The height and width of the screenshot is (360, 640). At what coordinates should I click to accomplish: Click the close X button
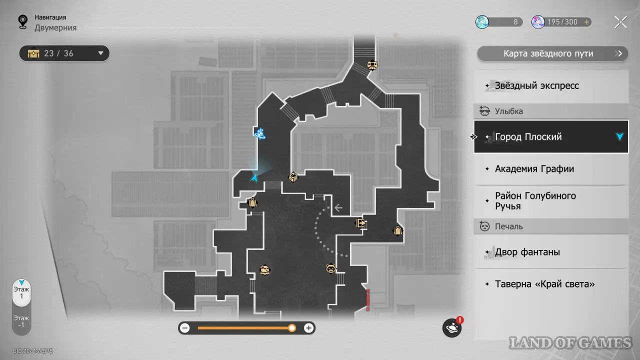pos(620,22)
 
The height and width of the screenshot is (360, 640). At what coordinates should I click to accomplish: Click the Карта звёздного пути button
pos(552,53)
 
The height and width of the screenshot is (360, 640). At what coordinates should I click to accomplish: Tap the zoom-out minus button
pos(185,328)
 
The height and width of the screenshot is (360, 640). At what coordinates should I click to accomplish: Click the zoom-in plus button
pos(309,328)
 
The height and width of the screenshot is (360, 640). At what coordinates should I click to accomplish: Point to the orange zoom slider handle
pos(292,328)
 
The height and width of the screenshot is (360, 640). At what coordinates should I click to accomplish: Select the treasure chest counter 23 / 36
pos(64,53)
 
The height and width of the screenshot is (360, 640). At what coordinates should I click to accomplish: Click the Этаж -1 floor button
pos(21,321)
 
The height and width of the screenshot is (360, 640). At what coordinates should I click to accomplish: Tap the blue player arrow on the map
pos(255,177)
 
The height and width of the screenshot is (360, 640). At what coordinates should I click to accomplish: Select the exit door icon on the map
pos(360,223)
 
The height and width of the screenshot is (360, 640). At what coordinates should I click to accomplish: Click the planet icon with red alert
pos(451,328)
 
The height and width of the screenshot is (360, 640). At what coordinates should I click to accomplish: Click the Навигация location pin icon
pos(22,22)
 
